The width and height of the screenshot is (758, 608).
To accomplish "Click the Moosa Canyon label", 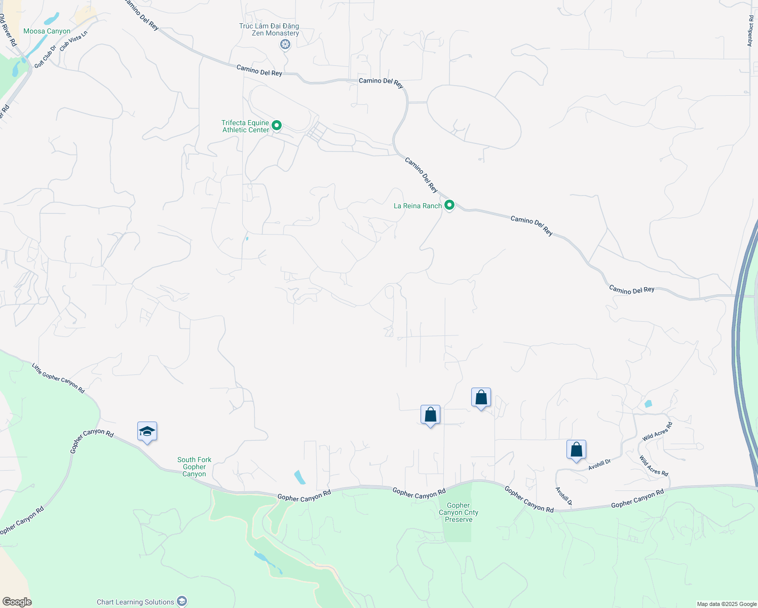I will (x=47, y=31).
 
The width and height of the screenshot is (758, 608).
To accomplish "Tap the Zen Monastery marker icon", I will (x=285, y=45).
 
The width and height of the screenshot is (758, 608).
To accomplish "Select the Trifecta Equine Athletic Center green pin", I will (x=277, y=125).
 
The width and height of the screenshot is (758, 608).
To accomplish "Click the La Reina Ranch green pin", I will (x=449, y=205).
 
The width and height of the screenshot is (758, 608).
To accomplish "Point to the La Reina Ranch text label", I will (x=418, y=206).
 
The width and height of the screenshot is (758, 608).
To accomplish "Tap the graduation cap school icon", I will (x=147, y=432).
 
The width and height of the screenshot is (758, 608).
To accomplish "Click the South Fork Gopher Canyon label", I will (x=194, y=467).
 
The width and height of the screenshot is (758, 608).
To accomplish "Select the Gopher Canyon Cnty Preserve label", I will (x=458, y=512).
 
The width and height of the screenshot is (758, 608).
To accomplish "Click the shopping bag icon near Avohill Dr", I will (x=576, y=449).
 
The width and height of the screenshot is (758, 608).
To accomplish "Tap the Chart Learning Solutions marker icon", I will (x=182, y=601).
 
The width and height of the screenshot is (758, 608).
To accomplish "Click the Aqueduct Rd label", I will (x=750, y=30).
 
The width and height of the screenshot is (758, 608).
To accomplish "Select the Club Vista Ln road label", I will (x=73, y=41).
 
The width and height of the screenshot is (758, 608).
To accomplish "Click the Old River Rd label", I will (x=8, y=30).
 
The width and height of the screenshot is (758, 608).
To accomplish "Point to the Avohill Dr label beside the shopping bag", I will (x=600, y=465).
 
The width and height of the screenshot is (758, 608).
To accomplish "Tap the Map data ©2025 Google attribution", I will (x=726, y=604).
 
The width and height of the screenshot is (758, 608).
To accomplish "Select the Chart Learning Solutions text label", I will (x=135, y=602).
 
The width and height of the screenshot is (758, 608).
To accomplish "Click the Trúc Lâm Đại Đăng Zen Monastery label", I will (x=269, y=29).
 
